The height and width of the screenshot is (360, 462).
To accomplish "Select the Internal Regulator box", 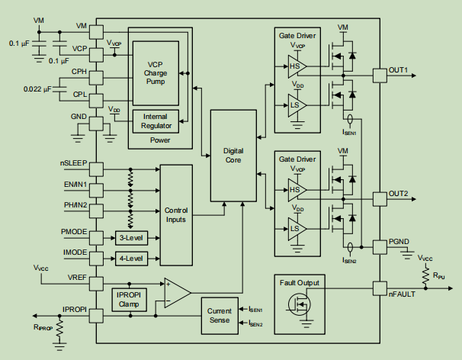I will point(156,121).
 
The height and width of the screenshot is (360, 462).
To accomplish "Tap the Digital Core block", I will point(233,156).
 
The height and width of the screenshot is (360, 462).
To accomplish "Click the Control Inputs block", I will point(175,214).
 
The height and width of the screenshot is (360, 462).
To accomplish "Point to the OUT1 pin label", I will point(399,70).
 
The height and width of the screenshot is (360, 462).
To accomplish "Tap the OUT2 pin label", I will point(399,194).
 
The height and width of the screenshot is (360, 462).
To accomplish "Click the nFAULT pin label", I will point(403,294).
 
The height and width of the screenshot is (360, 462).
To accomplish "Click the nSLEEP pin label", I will point(74,163).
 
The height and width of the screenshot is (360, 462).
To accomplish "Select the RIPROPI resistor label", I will point(43,327).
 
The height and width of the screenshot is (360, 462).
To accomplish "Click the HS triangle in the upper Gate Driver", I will point(295,67).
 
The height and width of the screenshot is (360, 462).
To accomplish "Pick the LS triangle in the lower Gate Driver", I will point(295,228).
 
